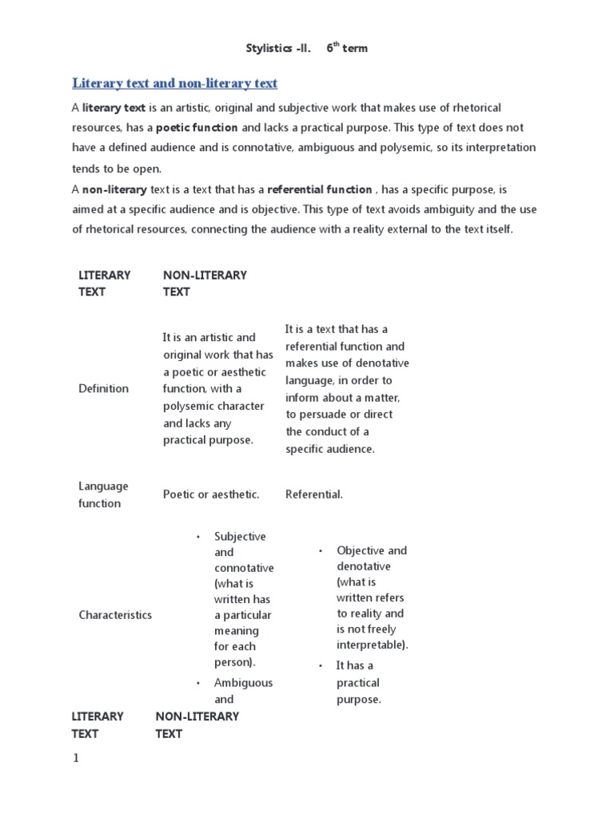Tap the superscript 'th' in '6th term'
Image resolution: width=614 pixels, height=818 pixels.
pyautogui.click(x=336, y=45)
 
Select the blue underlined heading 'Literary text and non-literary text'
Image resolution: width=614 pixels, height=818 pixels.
pyautogui.click(x=174, y=83)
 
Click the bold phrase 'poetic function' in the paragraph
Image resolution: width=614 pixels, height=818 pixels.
pyautogui.click(x=197, y=128)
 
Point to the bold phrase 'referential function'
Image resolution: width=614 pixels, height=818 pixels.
pyautogui.click(x=319, y=189)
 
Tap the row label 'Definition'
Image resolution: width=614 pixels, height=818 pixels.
pyautogui.click(x=103, y=389)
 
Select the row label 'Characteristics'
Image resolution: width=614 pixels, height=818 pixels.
pyautogui.click(x=115, y=615)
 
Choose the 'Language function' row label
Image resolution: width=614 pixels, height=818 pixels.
pyautogui.click(x=103, y=494)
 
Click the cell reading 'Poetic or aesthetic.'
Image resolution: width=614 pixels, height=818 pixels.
pyautogui.click(x=211, y=494)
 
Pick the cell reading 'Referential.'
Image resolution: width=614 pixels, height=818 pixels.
pyautogui.click(x=313, y=494)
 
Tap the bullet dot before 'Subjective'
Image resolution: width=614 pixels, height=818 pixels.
pyautogui.click(x=197, y=537)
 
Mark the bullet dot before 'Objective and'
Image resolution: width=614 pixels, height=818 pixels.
pyautogui.click(x=320, y=551)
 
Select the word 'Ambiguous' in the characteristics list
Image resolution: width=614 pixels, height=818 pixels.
pyautogui.click(x=243, y=683)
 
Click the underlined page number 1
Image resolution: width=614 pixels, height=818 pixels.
pyautogui.click(x=76, y=759)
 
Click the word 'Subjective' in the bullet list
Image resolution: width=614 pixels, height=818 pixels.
pyautogui.click(x=240, y=537)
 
